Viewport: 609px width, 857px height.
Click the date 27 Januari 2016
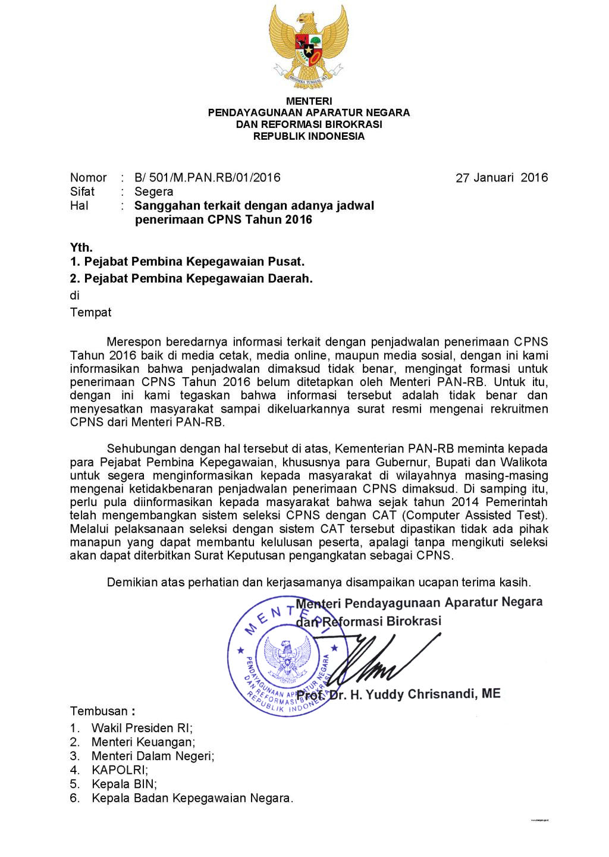pos(501,178)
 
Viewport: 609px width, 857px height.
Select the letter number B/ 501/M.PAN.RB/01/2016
pos(207,177)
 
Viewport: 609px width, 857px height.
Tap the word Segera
pos(154,192)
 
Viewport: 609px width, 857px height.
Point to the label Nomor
pos(88,177)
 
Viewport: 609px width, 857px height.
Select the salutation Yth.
pos(81,247)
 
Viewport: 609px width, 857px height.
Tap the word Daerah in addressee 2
pos(290,278)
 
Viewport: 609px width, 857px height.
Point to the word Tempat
pos(90,312)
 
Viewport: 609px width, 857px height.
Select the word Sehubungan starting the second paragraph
pos(141,448)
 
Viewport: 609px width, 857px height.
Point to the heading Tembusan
pos(99,711)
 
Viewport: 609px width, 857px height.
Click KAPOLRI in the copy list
pos(120,770)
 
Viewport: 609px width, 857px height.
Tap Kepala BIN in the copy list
pos(124,784)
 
